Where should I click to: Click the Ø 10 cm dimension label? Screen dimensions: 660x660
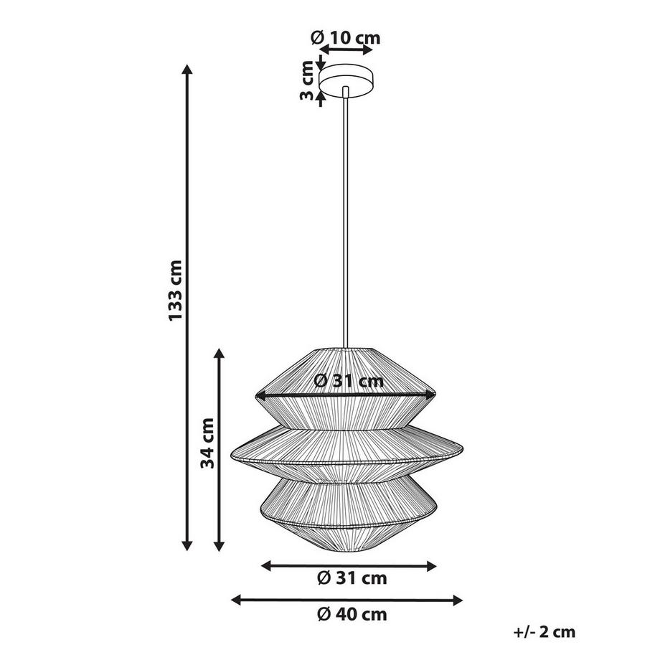pyautogui.click(x=346, y=38)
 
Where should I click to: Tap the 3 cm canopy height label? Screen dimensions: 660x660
pyautogui.click(x=307, y=81)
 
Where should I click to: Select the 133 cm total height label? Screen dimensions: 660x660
pyautogui.click(x=175, y=291)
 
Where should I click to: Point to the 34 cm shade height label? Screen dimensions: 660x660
pyautogui.click(x=207, y=443)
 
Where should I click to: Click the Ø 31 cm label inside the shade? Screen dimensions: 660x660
pyautogui.click(x=349, y=381)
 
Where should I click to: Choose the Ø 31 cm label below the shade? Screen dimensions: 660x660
pyautogui.click(x=352, y=578)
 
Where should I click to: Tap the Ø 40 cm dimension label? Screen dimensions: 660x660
pyautogui.click(x=352, y=615)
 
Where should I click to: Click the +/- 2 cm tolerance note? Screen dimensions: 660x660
pyautogui.click(x=544, y=632)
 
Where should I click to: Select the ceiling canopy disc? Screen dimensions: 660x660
pyautogui.click(x=346, y=80)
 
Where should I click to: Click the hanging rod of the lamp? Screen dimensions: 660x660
pyautogui.click(x=346, y=217)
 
